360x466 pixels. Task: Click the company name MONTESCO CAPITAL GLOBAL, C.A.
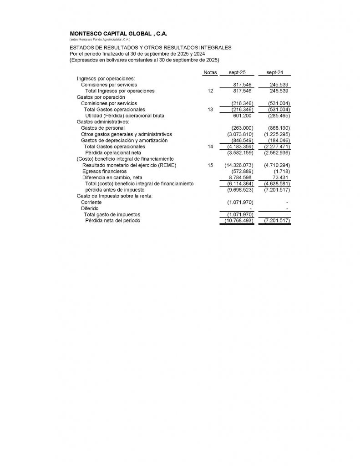(x=119, y=34)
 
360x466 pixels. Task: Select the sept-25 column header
(x=238, y=73)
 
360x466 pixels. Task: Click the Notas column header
(x=210, y=73)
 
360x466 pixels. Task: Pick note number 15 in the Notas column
(x=210, y=165)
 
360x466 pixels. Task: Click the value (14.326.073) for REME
(x=239, y=165)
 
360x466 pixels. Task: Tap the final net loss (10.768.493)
(x=239, y=221)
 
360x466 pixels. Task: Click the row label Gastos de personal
(x=102, y=128)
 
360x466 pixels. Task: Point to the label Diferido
(x=89, y=208)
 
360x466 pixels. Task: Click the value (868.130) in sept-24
(x=277, y=128)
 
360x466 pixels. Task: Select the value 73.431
(x=279, y=177)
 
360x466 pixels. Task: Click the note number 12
(x=210, y=91)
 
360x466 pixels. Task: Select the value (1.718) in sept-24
(x=282, y=171)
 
